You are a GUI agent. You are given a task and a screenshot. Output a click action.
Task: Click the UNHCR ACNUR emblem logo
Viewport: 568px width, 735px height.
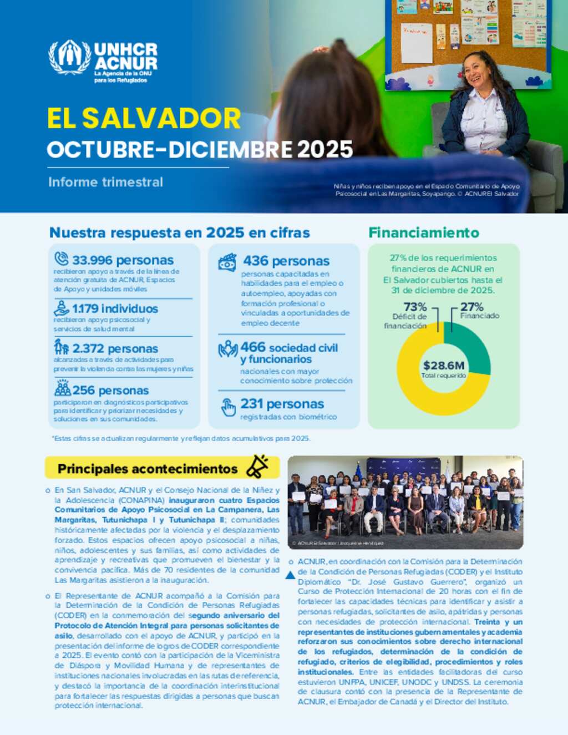point(70,57)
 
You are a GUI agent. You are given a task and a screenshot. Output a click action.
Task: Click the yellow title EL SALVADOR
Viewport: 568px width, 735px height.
point(144,118)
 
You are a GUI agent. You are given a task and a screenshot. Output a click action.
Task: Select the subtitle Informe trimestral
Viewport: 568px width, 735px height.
point(105,182)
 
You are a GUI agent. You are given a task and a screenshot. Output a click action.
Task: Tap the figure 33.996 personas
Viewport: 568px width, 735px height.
point(123,260)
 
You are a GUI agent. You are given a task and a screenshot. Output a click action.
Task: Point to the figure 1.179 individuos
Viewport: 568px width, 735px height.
point(115,308)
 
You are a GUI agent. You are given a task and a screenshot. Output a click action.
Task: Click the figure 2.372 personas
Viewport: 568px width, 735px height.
point(115,348)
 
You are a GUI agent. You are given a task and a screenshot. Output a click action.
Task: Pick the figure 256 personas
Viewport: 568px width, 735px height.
point(110,390)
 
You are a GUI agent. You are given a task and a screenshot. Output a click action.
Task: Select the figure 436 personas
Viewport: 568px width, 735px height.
point(286,261)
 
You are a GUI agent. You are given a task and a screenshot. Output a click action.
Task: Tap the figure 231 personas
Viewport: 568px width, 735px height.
point(282,404)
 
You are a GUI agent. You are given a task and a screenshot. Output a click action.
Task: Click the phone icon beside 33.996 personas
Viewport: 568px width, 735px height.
point(61,258)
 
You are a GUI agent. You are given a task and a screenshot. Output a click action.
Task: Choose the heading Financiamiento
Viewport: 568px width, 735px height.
point(424,232)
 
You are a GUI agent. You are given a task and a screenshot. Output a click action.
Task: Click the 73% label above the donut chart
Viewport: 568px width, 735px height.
point(415,307)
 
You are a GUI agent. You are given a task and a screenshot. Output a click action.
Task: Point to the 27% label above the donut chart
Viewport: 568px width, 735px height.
point(471,307)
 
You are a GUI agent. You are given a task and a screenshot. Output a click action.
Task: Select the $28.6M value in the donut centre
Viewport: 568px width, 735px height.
point(444,366)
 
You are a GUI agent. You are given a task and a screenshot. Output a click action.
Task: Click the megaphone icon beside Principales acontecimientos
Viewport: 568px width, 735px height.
point(257,467)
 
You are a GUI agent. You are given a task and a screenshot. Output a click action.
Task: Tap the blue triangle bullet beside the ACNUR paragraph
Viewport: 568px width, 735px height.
point(290,575)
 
